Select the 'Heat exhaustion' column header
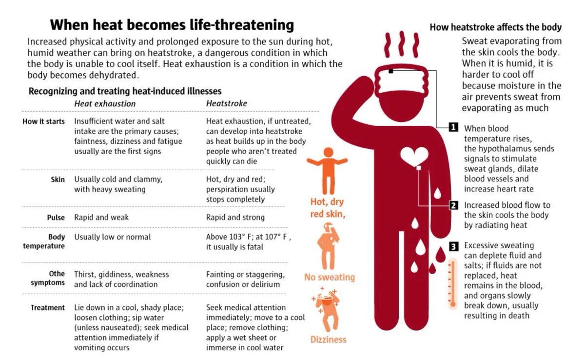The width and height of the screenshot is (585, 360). (x=105, y=103)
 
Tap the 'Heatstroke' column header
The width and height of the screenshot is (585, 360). (x=226, y=103)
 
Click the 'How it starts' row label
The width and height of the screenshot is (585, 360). (x=43, y=121)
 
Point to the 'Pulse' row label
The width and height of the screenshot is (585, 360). (x=56, y=218)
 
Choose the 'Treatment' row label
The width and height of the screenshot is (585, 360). (x=47, y=308)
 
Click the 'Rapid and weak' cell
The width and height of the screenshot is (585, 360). (x=101, y=218)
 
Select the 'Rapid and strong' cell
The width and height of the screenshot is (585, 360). (x=235, y=218)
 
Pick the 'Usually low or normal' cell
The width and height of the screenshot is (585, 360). (x=113, y=237)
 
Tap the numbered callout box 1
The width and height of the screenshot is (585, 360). (x=453, y=127)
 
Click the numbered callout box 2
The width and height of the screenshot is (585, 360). (x=453, y=205)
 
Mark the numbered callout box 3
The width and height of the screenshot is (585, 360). (x=453, y=246)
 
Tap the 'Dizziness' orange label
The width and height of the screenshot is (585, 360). (x=329, y=340)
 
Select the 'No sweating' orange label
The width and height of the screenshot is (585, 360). (x=330, y=277)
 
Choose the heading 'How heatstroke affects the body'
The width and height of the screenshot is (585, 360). (x=495, y=27)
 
